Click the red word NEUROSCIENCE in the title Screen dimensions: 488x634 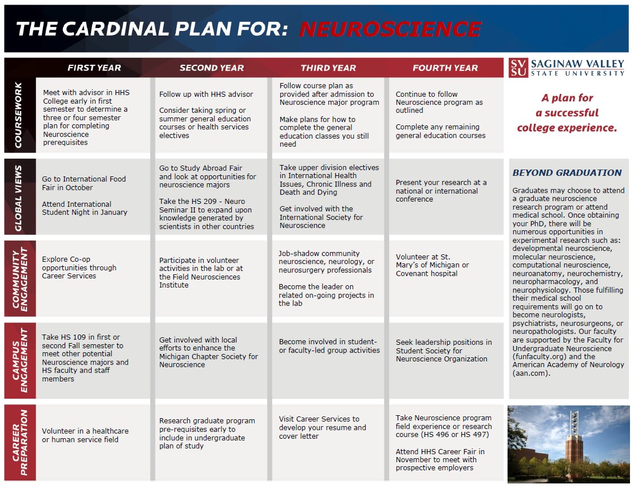click(x=390, y=29)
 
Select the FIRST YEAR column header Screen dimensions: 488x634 click(x=94, y=68)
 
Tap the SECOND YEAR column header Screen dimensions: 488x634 click(x=212, y=68)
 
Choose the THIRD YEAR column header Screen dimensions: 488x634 click(x=328, y=68)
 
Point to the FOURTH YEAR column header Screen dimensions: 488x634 click(x=445, y=68)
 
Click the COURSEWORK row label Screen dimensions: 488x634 click(x=19, y=115)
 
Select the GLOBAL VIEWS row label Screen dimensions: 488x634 click(x=19, y=197)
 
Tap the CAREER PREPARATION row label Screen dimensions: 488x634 click(x=19, y=442)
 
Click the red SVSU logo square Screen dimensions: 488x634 click(x=518, y=68)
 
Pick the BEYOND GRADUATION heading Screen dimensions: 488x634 click(x=567, y=172)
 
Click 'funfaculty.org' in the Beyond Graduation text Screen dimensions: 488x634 click(x=538, y=356)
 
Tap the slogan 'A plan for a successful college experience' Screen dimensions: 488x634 click(x=567, y=113)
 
